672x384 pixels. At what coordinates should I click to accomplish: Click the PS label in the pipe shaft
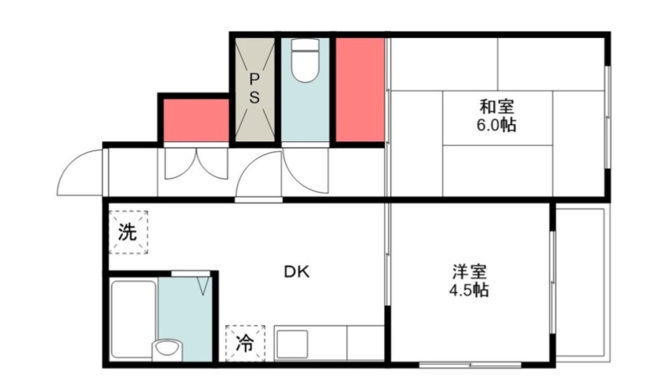[x=254, y=88]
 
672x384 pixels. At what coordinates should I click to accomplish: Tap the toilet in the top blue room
[x=305, y=64]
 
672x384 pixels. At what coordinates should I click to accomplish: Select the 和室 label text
[x=496, y=107]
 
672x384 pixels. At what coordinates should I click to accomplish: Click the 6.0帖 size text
[x=496, y=125]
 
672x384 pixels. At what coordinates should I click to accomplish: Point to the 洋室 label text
[x=469, y=273]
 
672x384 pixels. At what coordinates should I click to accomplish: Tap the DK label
[x=297, y=272]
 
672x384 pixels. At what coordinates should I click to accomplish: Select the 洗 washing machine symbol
[x=128, y=232]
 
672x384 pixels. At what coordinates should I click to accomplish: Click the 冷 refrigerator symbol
[x=245, y=343]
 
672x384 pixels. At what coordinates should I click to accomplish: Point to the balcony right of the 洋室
[x=581, y=283]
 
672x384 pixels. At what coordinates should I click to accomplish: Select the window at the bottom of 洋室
[x=470, y=365]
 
